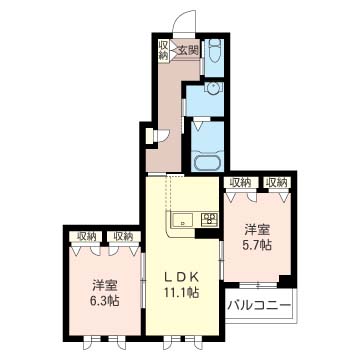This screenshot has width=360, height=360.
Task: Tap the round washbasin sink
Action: [x=212, y=89]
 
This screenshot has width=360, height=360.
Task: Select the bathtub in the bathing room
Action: [x=207, y=163]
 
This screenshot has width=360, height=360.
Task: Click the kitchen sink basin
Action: [x=183, y=220]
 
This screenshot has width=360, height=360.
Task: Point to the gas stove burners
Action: [x=210, y=218]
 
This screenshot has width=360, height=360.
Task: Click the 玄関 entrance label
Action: [x=188, y=51]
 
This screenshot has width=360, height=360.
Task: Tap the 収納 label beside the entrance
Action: [x=164, y=51]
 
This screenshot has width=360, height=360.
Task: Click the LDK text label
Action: [x=182, y=277]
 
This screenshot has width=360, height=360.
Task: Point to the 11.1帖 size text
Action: [x=182, y=292]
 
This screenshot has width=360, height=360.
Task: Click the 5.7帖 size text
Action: [x=257, y=245]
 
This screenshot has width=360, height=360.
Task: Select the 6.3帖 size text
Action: [x=105, y=301]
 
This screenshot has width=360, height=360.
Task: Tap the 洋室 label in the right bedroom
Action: [x=257, y=230]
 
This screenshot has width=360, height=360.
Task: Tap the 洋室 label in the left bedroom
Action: [x=105, y=286]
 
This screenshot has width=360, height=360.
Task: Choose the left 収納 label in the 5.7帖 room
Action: [x=241, y=182]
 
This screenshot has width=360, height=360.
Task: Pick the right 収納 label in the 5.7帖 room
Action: [x=277, y=182]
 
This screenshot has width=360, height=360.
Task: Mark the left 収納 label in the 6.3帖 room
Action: [x=86, y=236]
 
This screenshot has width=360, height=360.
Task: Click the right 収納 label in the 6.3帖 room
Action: [x=123, y=236]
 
